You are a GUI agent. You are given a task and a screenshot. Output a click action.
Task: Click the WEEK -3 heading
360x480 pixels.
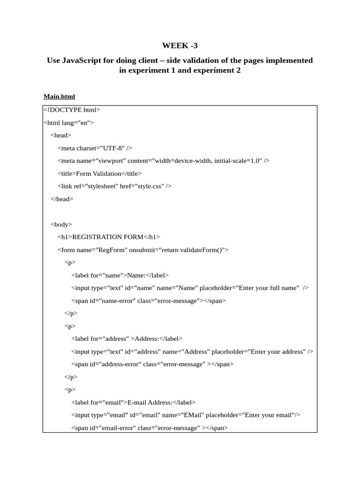click(180, 45)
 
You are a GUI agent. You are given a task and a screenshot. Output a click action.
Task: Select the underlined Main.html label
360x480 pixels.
click(59, 97)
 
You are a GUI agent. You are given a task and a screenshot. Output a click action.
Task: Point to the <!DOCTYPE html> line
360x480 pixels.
click(72, 110)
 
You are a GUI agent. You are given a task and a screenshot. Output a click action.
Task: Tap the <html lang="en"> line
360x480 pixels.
click(68, 122)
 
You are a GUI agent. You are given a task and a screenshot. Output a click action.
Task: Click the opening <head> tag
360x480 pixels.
click(61, 135)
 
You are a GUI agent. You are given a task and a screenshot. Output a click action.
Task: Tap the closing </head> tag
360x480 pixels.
click(62, 199)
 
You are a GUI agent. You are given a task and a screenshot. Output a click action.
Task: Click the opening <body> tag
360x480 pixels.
click(61, 225)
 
